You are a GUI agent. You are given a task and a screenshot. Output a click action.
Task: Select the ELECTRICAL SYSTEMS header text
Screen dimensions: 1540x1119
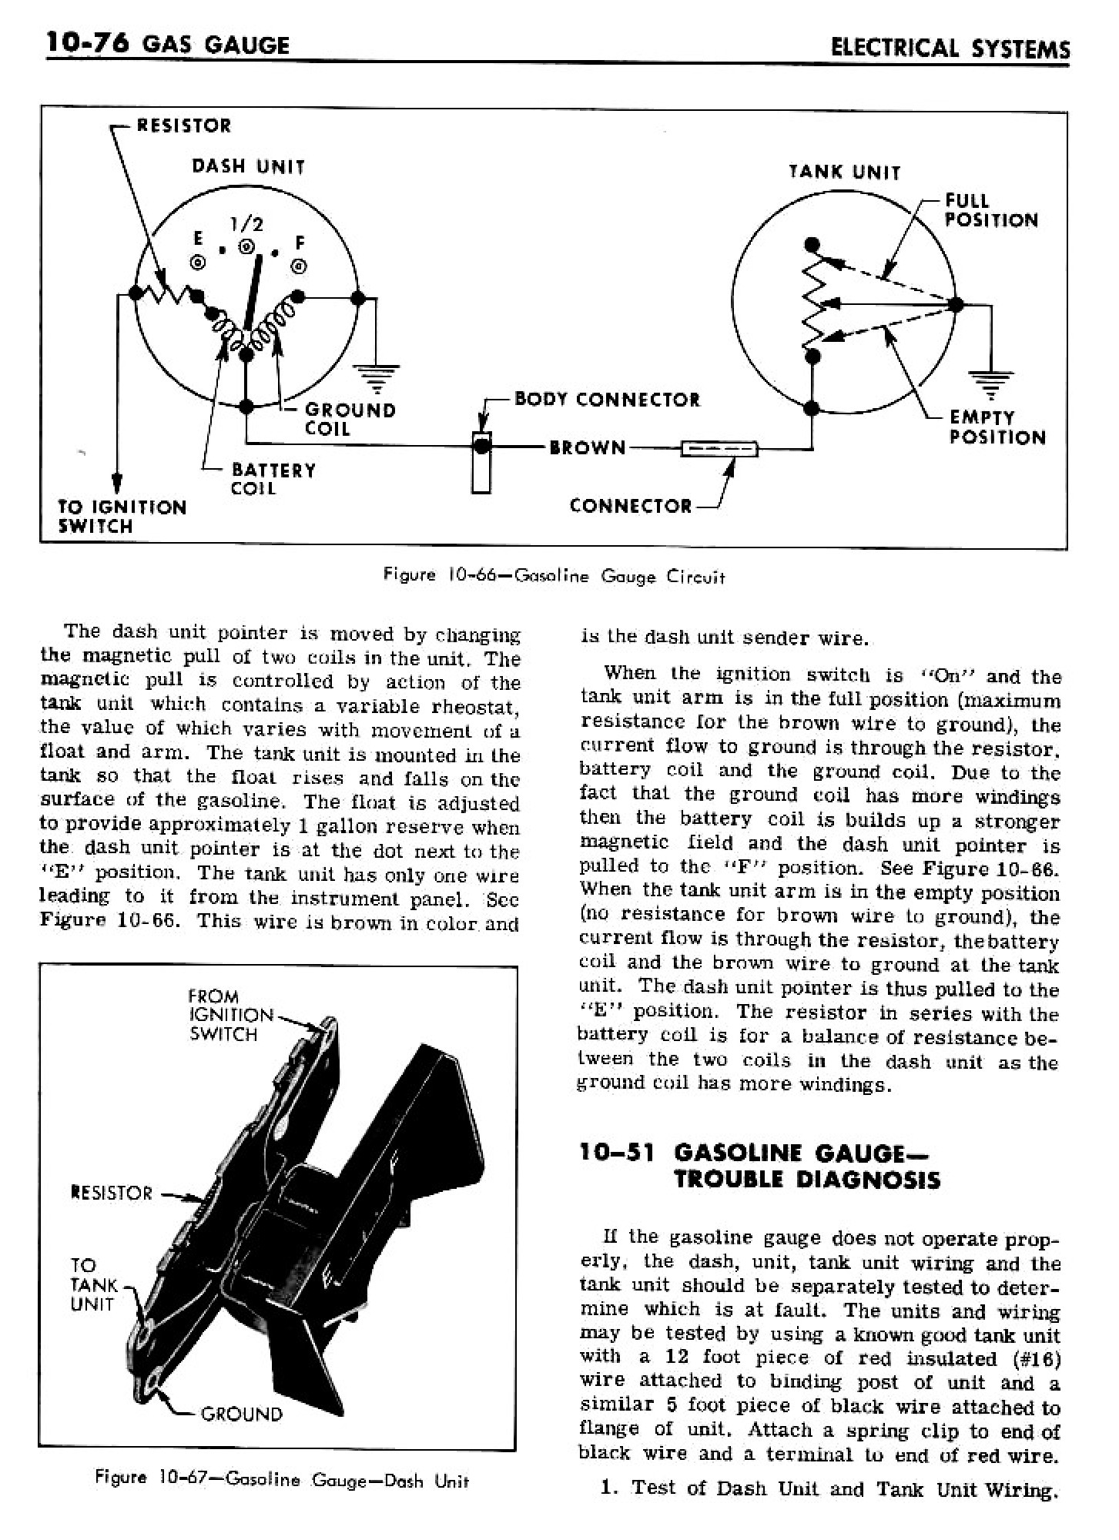pos(950,48)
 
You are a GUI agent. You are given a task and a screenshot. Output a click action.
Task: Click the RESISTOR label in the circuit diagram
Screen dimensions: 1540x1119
pos(183,126)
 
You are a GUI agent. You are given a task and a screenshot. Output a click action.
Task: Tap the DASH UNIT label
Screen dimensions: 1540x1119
pos(248,166)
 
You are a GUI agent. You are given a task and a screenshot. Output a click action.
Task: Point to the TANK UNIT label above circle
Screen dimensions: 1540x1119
pos(844,172)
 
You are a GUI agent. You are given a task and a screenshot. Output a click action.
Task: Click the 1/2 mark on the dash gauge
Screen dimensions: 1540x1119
pos(246,224)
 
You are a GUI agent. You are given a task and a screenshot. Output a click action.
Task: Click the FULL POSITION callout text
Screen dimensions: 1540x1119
pos(990,210)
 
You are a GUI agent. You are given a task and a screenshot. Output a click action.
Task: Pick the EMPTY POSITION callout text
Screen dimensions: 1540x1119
pos(997,427)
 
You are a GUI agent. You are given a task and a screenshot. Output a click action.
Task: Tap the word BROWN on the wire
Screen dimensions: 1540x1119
pos(587,447)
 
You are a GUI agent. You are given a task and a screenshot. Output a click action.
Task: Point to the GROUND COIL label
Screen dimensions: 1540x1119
pos(350,419)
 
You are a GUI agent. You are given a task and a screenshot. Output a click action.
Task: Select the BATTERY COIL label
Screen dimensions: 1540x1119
pos(273,479)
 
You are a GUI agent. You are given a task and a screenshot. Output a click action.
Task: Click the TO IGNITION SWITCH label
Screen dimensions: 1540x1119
pos(122,517)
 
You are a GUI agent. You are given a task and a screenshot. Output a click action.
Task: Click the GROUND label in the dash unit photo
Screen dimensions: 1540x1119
pos(241,1414)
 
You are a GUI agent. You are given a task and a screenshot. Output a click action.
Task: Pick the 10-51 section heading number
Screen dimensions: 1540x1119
pos(616,1152)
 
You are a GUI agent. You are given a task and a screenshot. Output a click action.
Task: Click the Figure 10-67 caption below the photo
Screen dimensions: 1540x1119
pos(281,1480)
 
